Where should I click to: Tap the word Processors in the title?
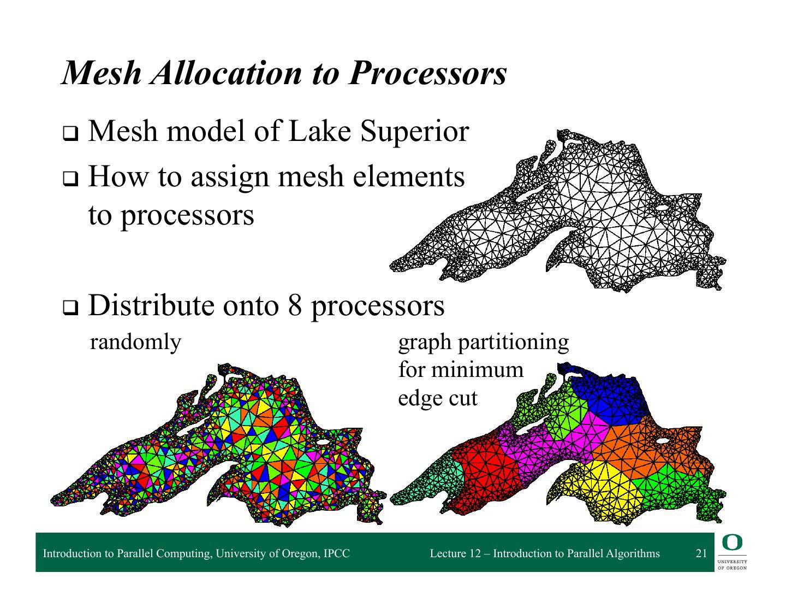[x=427, y=73]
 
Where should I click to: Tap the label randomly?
[x=135, y=343]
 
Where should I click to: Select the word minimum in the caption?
[x=477, y=370]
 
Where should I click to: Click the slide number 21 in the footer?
[x=701, y=553]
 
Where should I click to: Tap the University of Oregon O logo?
[x=733, y=542]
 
